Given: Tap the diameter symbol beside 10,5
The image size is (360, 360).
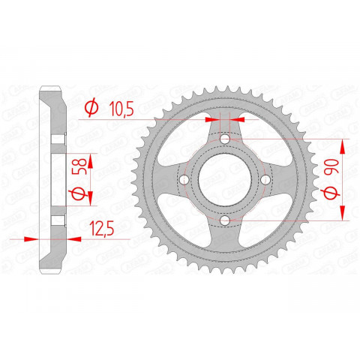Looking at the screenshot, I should click(91, 109).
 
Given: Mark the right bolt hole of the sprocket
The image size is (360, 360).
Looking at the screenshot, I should click(265, 181).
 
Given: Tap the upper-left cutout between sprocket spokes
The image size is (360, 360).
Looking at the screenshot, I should click(187, 144).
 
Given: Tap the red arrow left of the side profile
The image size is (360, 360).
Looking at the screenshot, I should click(30, 238).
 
